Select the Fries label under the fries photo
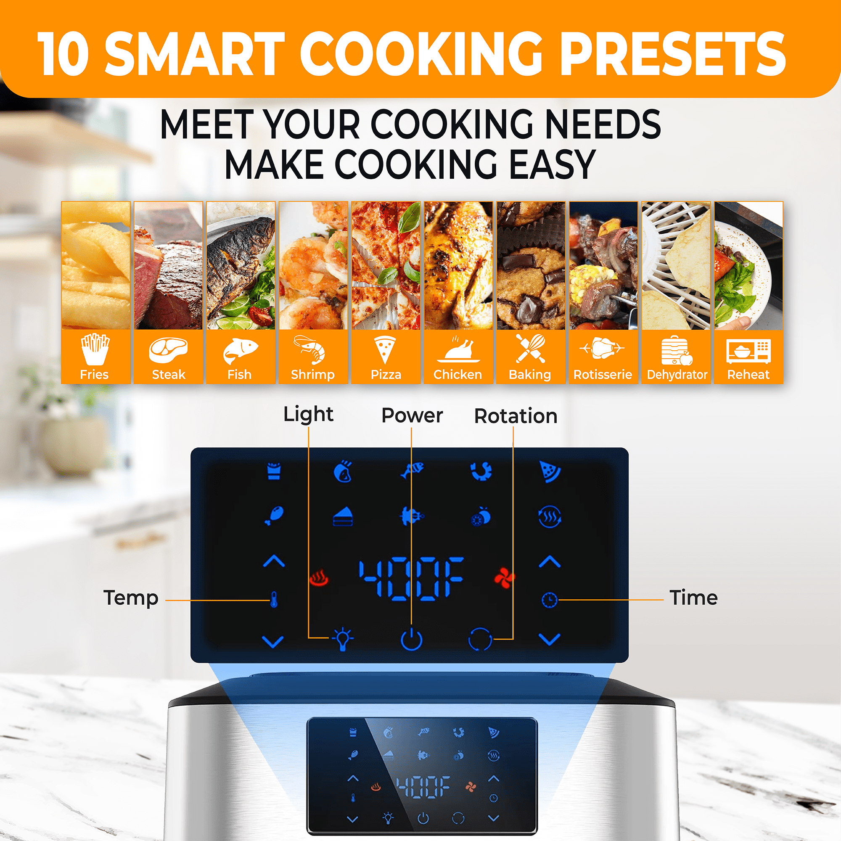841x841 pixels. [x=95, y=374]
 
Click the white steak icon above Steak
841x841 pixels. [x=168, y=350]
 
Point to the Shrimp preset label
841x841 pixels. [x=312, y=375]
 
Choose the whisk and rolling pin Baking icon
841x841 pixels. [x=530, y=349]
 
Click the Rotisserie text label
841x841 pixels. [x=603, y=374]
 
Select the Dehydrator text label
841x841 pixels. [x=677, y=375]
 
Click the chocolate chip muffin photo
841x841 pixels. [x=531, y=265]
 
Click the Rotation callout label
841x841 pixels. [x=516, y=416]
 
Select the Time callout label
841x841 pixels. [x=693, y=598]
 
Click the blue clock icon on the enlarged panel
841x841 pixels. [x=549, y=600]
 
